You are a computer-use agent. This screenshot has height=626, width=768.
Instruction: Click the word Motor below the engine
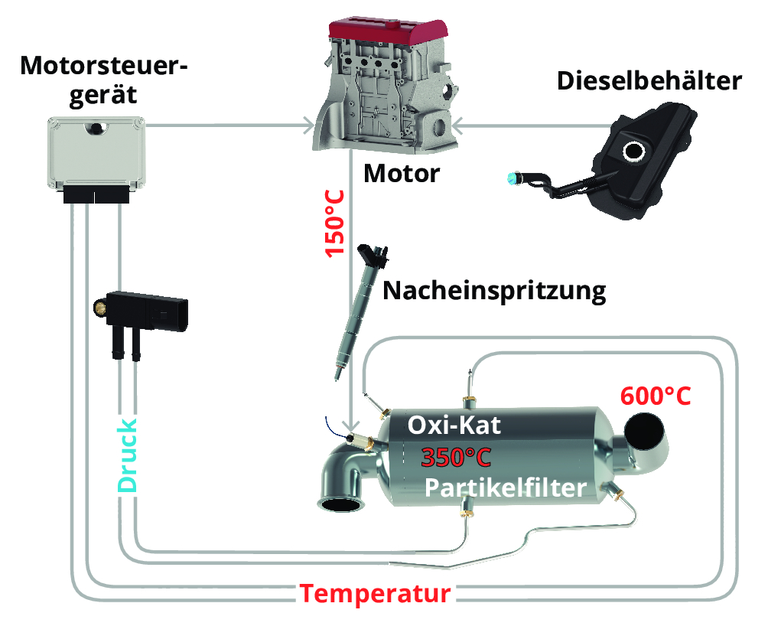(x=402, y=174)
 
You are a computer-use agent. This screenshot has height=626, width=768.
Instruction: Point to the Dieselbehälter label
(x=649, y=81)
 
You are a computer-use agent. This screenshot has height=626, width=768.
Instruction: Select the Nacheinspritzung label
(x=494, y=291)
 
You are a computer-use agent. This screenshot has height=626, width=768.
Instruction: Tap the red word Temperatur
(x=375, y=594)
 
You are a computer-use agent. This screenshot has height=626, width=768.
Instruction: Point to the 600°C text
(x=656, y=396)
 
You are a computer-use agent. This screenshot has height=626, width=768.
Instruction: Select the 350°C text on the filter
(x=455, y=457)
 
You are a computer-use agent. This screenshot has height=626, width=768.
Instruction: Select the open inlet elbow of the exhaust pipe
(x=341, y=504)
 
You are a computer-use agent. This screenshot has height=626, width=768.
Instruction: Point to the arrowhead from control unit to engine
(x=308, y=125)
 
